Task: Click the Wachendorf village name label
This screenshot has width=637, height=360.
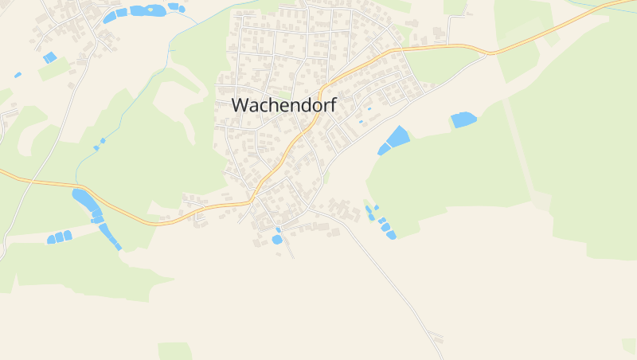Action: pyautogui.click(x=283, y=104)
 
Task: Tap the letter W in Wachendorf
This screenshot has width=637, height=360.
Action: pyautogui.click(x=240, y=104)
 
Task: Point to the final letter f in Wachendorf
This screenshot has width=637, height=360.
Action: pyautogui.click(x=333, y=104)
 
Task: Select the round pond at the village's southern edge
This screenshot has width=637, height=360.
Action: pyautogui.click(x=277, y=239)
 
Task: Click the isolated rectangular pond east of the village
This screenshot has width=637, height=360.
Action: pyautogui.click(x=463, y=119)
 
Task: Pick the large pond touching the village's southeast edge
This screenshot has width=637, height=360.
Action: pyautogui.click(x=396, y=138)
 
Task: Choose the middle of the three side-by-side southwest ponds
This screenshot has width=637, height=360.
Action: pyautogui.click(x=59, y=237)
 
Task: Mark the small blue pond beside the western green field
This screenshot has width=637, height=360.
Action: pyautogui.click(x=49, y=57)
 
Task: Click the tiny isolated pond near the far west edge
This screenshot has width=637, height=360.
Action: pyautogui.click(x=18, y=75)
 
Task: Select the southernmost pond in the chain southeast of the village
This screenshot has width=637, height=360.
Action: pyautogui.click(x=391, y=234)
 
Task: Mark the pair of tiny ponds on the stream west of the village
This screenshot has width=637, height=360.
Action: pyautogui.click(x=99, y=144)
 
